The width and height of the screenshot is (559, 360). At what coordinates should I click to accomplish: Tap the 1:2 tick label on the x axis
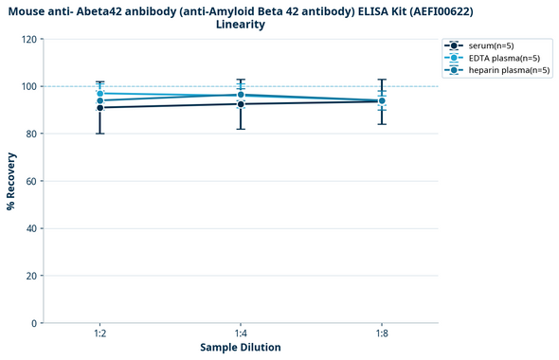click(99, 333)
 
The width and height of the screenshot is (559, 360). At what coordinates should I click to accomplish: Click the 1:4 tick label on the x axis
click(241, 333)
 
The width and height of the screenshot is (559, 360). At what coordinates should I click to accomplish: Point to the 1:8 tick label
click(382, 333)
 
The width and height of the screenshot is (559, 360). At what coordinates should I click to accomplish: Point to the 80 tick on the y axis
click(30, 134)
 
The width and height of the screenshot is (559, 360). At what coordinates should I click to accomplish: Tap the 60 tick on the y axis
click(30, 181)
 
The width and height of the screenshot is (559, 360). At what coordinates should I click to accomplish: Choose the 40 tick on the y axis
click(30, 228)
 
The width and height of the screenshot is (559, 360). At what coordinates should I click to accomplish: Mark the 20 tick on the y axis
click(30, 276)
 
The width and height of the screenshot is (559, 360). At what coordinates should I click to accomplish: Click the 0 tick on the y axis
click(33, 323)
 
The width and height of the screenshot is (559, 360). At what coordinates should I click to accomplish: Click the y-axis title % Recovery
click(11, 181)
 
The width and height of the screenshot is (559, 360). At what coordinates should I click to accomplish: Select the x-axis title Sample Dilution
click(241, 348)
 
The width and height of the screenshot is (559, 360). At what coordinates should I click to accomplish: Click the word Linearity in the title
click(241, 25)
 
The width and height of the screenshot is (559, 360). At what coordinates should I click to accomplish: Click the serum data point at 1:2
click(99, 108)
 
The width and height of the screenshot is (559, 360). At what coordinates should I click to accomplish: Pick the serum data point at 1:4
click(241, 104)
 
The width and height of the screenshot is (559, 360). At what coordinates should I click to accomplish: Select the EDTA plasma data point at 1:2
click(99, 94)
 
